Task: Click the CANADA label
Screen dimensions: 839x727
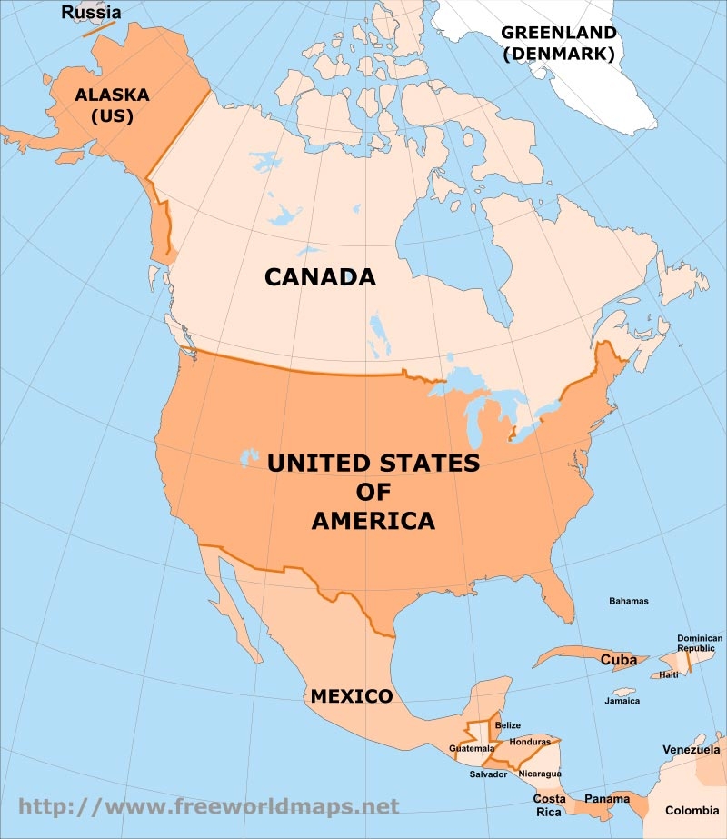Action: coord(320,276)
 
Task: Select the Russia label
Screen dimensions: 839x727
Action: coord(91,13)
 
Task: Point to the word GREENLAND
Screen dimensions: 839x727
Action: coord(558,33)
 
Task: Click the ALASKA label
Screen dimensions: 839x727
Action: coord(112,95)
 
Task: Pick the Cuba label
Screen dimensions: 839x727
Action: coord(618,660)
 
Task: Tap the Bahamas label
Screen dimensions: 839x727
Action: coord(629,601)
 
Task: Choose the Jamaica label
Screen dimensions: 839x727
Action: coord(622,701)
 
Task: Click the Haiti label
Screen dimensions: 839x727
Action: coord(668,674)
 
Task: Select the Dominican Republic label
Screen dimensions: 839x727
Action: coord(700,644)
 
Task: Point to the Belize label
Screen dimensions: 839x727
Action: coord(508,725)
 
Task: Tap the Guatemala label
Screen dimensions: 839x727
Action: coord(472,748)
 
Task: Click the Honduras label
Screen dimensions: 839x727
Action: coord(531,742)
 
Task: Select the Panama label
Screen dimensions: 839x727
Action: coord(606,799)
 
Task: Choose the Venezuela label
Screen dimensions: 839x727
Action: coord(690,750)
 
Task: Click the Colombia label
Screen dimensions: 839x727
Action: coord(692,811)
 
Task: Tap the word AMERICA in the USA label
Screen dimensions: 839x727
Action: coord(373,521)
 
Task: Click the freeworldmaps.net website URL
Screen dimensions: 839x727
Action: coord(209,805)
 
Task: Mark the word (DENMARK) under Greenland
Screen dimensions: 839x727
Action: coord(558,54)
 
